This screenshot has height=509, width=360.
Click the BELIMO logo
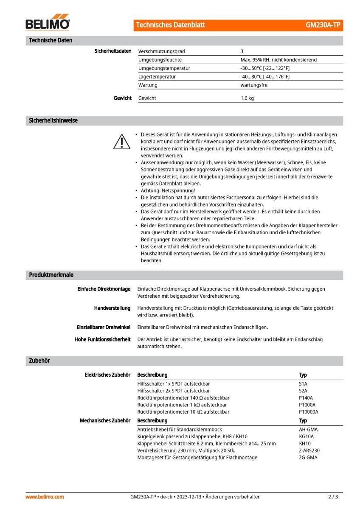48,24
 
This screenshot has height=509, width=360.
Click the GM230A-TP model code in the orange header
323,25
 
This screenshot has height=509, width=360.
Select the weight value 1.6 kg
247,98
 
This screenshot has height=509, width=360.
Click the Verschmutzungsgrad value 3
242,51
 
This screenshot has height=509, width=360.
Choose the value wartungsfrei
254,85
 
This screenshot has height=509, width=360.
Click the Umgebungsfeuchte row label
160,60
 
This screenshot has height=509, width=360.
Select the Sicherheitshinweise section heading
53,120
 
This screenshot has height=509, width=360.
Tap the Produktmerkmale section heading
51,275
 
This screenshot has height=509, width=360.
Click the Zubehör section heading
39,361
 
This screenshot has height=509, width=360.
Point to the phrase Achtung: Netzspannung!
168,190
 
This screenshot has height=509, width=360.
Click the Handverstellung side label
112,308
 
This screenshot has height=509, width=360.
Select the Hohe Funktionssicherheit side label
102,339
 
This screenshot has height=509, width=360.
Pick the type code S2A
303,391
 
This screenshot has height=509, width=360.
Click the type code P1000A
307,405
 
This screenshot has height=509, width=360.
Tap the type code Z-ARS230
309,450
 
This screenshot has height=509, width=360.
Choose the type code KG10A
306,436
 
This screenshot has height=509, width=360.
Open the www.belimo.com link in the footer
45,497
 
